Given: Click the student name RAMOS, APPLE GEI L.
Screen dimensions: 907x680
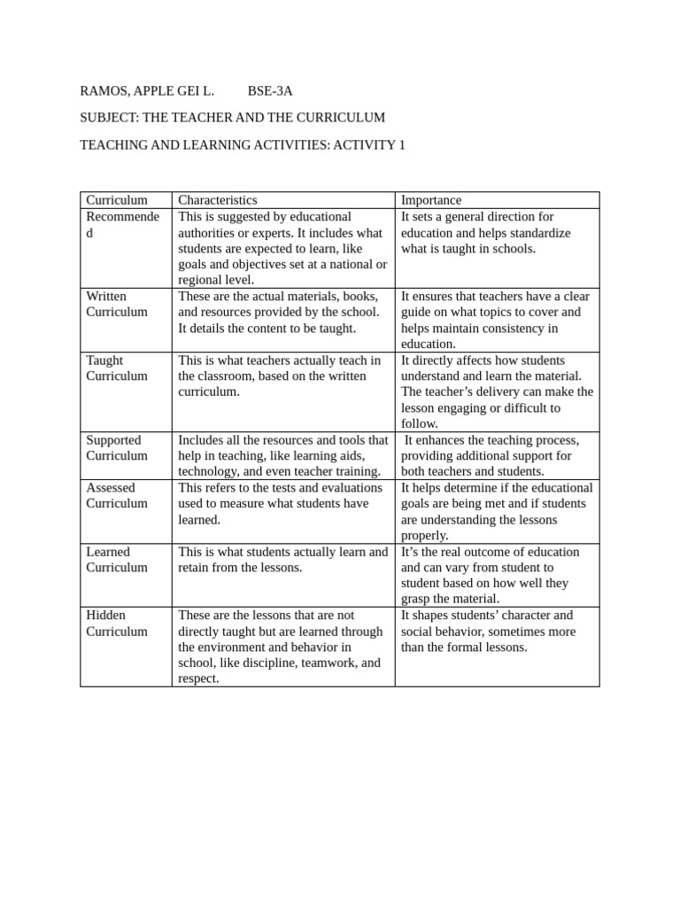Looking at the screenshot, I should click(147, 90).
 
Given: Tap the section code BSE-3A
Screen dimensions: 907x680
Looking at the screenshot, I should click(270, 90).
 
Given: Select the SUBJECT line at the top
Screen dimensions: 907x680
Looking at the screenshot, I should click(232, 117).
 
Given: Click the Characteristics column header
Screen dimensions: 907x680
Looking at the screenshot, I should click(218, 200).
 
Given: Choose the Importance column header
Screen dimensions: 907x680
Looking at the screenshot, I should click(431, 200).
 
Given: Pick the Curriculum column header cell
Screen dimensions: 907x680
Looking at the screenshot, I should click(117, 200).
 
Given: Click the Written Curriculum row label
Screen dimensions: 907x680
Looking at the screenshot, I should click(117, 304).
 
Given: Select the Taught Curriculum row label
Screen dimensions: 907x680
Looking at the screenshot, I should click(117, 368).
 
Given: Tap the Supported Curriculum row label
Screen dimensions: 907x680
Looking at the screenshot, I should click(117, 447).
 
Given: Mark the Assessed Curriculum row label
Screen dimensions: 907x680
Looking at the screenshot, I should click(117, 495).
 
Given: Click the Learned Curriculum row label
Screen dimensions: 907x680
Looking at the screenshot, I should click(117, 559).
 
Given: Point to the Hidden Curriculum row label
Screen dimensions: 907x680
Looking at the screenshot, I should click(117, 623).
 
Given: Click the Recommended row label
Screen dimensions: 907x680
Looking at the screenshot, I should click(122, 224).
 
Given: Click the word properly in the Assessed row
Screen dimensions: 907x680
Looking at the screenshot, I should click(424, 535).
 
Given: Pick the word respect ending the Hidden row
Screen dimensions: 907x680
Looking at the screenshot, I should click(198, 678).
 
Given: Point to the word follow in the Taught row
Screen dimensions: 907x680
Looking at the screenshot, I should click(419, 423).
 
